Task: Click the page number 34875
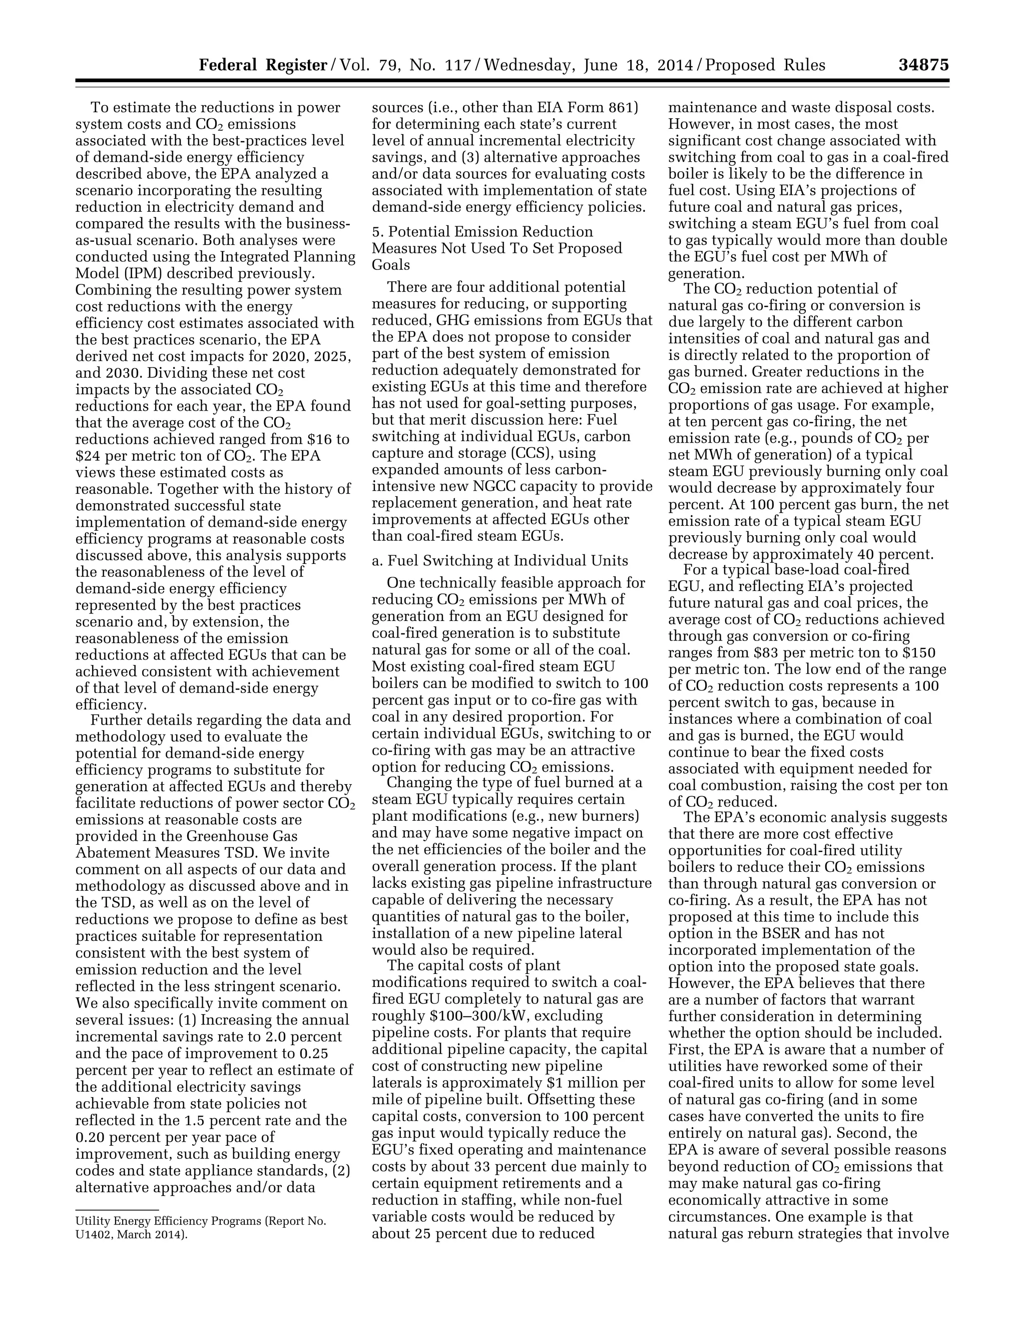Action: pos(923,65)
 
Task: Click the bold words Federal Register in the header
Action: pos(263,65)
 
